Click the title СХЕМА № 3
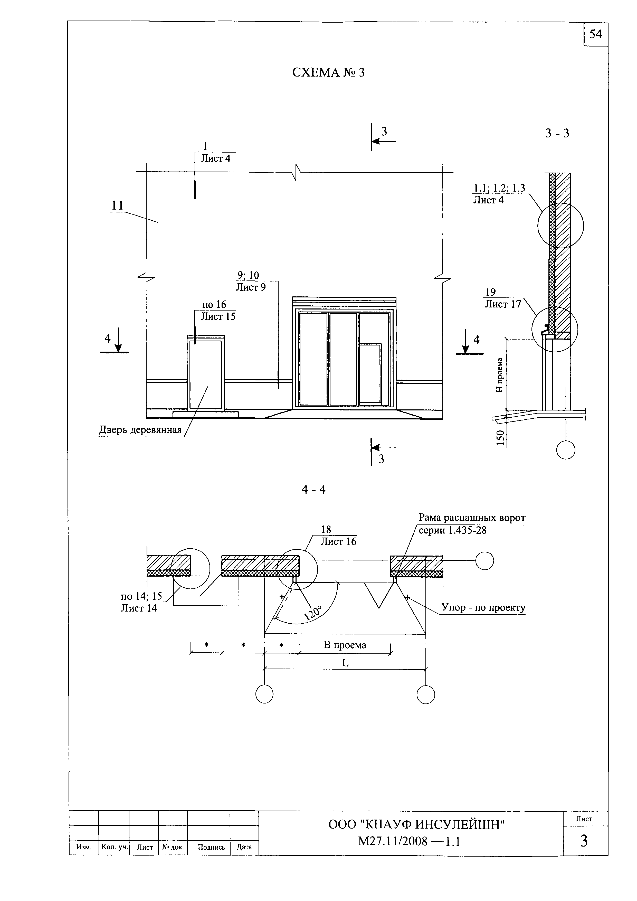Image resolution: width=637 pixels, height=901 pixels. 328,73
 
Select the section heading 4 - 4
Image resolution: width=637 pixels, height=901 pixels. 313,490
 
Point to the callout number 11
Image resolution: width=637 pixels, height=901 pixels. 117,206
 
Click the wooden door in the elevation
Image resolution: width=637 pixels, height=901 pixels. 206,372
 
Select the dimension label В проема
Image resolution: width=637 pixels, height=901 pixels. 345,645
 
